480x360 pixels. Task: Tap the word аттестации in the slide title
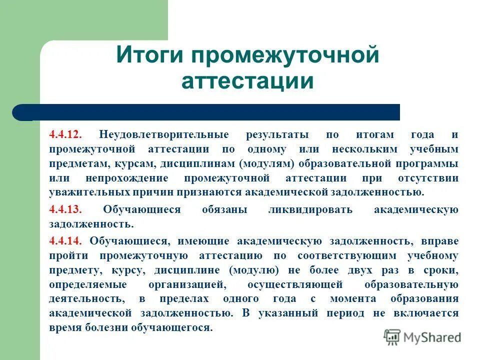[x=247, y=81]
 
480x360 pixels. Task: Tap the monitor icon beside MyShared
[x=392, y=336]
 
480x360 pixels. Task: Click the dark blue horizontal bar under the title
[x=210, y=112]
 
